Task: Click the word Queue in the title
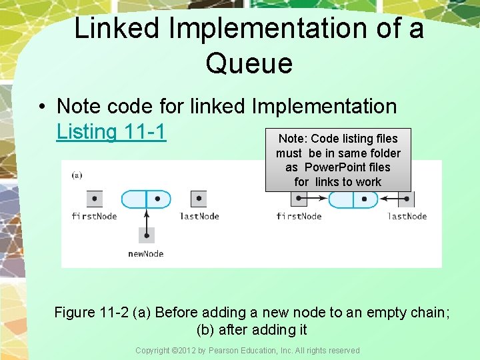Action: [x=249, y=63]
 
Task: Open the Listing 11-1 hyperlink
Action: [x=111, y=132]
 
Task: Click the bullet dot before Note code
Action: [x=41, y=107]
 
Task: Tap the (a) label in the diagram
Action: [x=77, y=175]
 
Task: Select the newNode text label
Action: [x=146, y=253]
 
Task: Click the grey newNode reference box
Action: [x=146, y=235]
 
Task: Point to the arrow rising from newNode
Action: [x=146, y=217]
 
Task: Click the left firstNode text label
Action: [x=94, y=216]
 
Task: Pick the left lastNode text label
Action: [x=199, y=216]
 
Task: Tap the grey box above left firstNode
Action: [x=94, y=199]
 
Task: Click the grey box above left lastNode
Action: [x=199, y=199]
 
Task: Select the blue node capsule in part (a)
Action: [x=145, y=199]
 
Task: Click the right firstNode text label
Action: [x=299, y=216]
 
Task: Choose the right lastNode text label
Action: [x=407, y=216]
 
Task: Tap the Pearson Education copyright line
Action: [x=247, y=350]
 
